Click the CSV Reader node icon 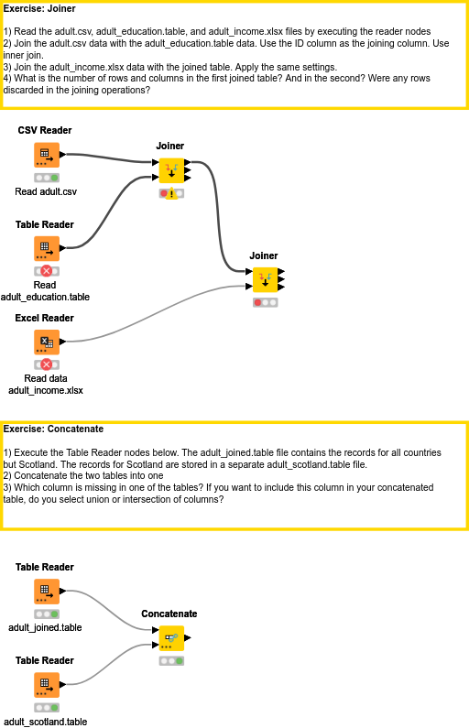click(46, 155)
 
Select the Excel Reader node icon click(46, 342)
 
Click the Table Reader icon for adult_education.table click(46, 248)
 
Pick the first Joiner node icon click(170, 169)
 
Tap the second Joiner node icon click(264, 279)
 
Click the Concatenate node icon click(169, 637)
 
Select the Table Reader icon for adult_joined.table click(46, 591)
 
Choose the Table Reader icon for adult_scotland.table click(46, 684)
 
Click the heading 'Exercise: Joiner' click(40, 9)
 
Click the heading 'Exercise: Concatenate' click(53, 429)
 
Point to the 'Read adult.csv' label click(46, 192)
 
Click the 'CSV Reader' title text click(45, 131)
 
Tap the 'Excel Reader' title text click(45, 319)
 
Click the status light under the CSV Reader click(47, 178)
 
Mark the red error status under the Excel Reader click(47, 364)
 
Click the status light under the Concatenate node click(170, 660)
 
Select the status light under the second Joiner click(264, 302)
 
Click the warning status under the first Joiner click(170, 193)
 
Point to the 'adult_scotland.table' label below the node click(46, 722)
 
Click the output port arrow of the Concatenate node click(188, 637)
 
